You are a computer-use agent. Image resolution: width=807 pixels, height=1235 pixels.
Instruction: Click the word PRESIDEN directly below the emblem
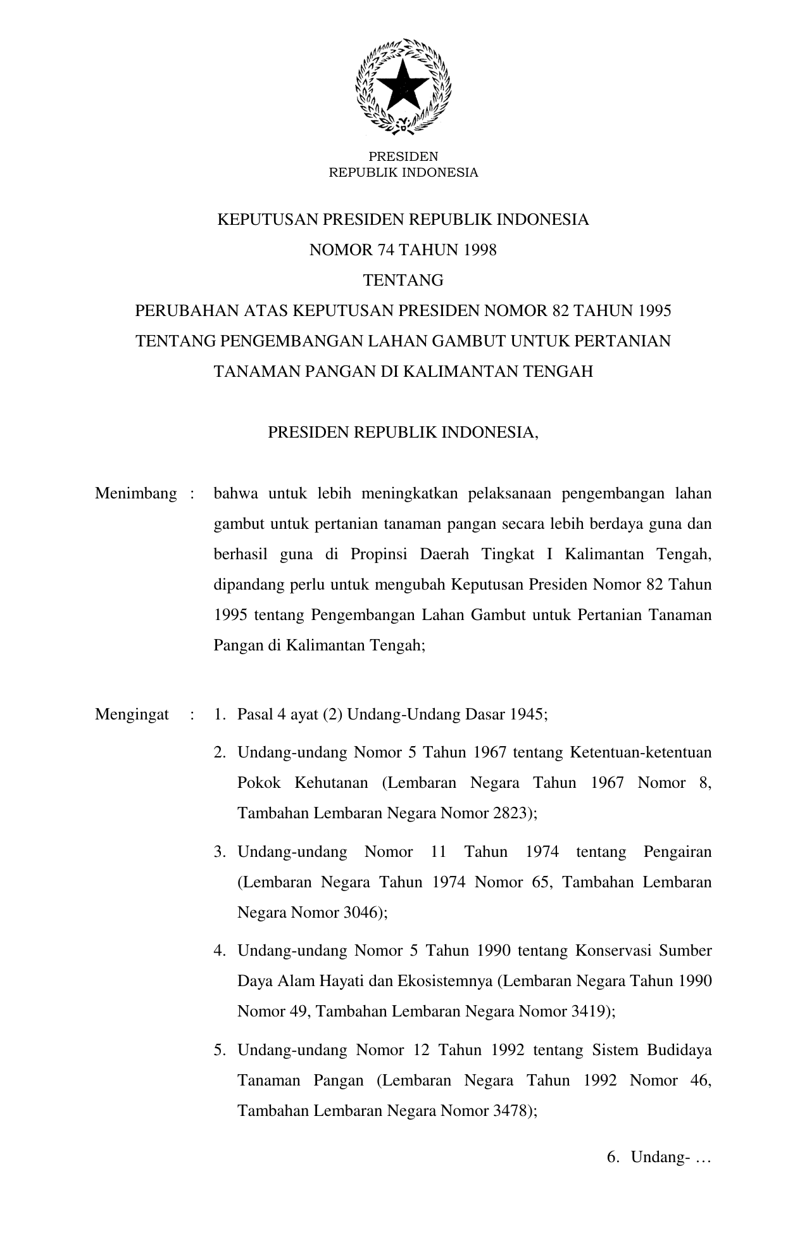coord(403,156)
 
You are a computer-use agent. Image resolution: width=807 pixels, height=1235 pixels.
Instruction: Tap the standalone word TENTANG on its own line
coord(403,280)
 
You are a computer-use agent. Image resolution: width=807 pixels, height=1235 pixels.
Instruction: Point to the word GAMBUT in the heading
coord(468,341)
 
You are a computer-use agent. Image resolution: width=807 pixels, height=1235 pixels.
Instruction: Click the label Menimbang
coord(135,494)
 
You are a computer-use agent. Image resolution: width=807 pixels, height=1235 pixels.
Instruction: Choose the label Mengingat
coord(132,715)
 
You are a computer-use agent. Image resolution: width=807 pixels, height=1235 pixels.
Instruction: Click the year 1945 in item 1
coord(528,715)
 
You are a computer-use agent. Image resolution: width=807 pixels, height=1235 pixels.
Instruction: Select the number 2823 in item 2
coord(510,813)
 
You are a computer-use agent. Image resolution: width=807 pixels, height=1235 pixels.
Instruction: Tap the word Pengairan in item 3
coord(677,852)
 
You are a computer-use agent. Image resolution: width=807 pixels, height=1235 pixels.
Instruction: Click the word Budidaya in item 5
coord(679,1050)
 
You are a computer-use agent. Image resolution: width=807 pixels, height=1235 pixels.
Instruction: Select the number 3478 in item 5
coord(510,1111)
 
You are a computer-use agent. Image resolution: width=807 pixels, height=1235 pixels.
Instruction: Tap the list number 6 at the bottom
coord(611,1158)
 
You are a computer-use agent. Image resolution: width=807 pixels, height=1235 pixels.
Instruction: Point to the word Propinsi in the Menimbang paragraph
coord(375,555)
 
